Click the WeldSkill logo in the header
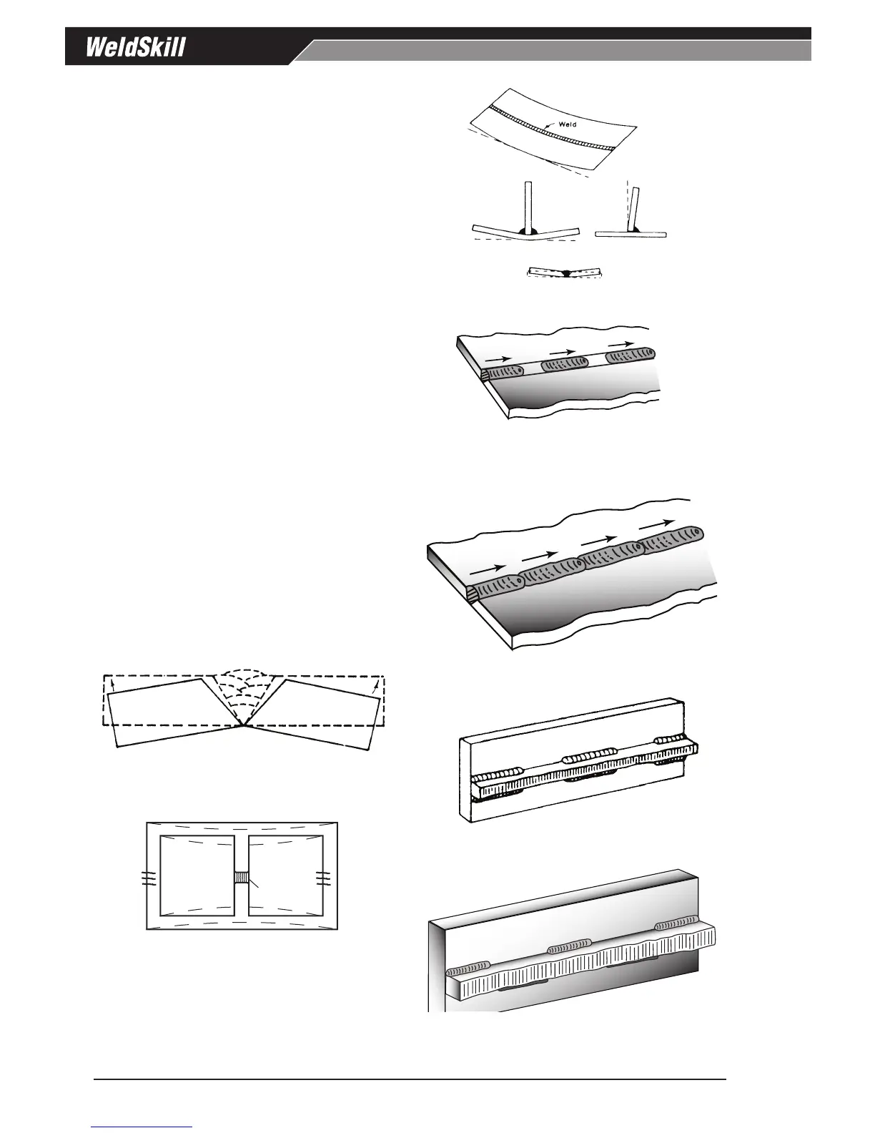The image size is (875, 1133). click(136, 48)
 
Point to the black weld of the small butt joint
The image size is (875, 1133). click(565, 273)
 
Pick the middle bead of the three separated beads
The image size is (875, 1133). click(564, 365)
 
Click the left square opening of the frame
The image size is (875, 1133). click(197, 875)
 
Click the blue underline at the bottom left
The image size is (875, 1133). click(142, 1127)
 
